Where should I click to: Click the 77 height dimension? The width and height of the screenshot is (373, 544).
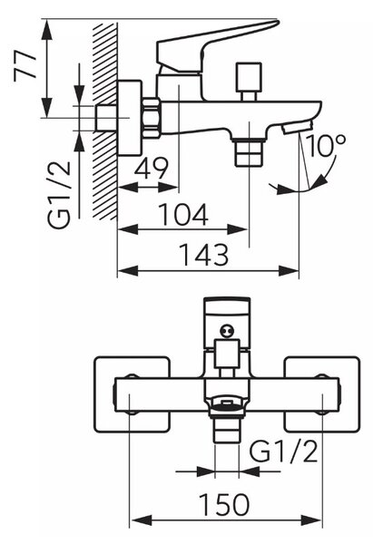[25, 66]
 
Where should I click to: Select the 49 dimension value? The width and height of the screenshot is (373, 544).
[151, 169]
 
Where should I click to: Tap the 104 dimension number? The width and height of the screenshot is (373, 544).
[183, 214]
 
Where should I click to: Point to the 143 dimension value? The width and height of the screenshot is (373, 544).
[204, 254]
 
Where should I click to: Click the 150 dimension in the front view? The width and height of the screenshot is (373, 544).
[224, 504]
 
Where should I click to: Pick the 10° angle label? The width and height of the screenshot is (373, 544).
[326, 145]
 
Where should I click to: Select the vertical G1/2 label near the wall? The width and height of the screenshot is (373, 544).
[59, 195]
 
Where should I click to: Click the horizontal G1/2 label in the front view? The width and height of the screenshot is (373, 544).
[284, 451]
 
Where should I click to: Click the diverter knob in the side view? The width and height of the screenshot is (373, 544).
[249, 82]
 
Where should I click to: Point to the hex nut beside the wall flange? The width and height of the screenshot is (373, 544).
[152, 118]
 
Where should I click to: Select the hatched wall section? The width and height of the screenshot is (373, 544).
[104, 121]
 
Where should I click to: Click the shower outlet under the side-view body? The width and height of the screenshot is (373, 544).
[249, 151]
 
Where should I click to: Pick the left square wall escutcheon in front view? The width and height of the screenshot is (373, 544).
[132, 394]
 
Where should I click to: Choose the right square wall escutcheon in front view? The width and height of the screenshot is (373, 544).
[322, 394]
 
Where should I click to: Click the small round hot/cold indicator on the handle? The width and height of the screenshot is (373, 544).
[226, 330]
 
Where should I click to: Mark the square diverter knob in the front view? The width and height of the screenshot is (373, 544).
[227, 354]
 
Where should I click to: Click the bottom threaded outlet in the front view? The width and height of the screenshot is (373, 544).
[227, 429]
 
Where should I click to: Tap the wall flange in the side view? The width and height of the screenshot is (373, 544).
[131, 118]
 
